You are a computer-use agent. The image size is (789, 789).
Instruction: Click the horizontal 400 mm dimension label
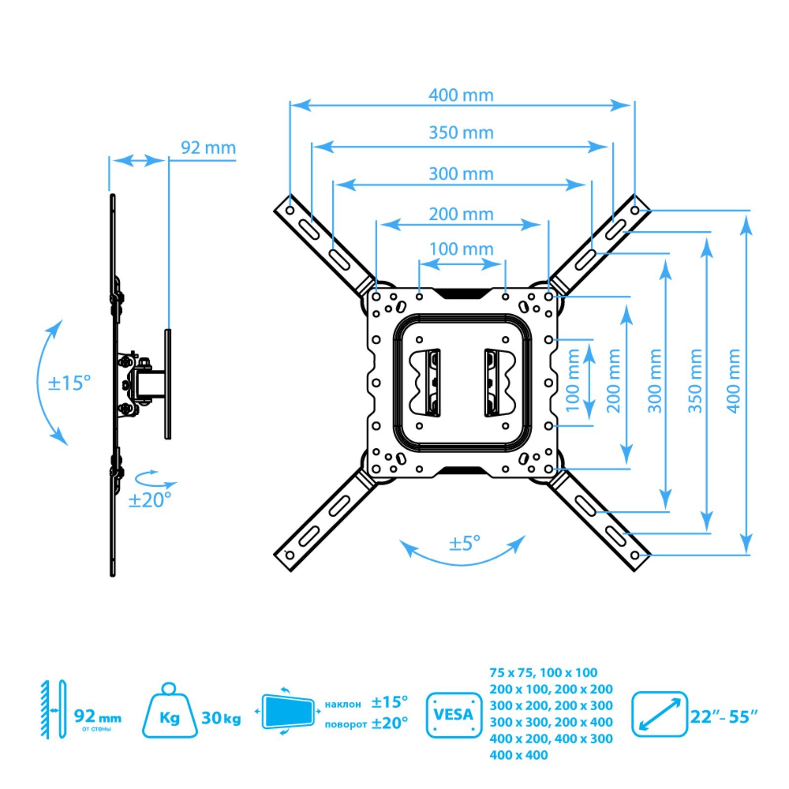(461, 95)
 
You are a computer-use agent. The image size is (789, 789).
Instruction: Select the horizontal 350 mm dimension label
(461, 133)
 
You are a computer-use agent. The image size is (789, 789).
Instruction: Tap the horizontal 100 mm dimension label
(461, 249)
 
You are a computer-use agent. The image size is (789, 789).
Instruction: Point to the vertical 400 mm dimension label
(734, 380)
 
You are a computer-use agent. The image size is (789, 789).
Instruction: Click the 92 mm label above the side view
(208, 148)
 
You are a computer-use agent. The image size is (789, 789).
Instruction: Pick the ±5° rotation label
(464, 543)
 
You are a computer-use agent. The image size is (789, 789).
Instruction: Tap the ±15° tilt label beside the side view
(69, 383)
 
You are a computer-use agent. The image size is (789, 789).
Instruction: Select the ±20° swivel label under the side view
(149, 500)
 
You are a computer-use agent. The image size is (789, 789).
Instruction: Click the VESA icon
(453, 715)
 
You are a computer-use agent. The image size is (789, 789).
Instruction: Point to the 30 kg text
(221, 718)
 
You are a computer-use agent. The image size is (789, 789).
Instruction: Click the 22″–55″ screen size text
(723, 717)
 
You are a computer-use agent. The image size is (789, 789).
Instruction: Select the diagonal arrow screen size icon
(659, 714)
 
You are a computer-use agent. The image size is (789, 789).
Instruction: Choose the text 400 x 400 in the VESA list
(518, 755)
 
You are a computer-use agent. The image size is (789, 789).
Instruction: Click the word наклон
(343, 704)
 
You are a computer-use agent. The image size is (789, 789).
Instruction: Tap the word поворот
(346, 724)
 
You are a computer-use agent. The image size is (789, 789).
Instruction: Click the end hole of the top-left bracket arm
(290, 211)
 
